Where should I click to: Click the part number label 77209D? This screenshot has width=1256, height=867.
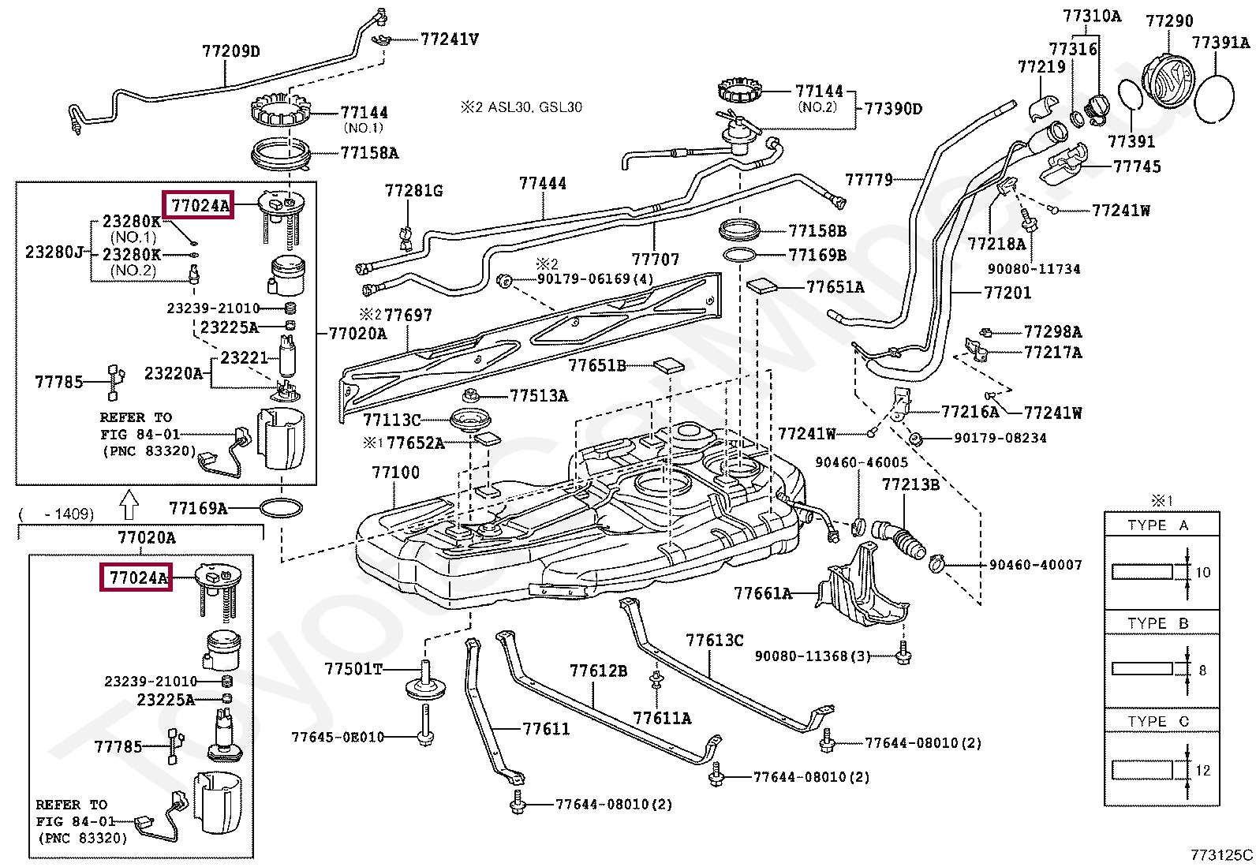point(231,51)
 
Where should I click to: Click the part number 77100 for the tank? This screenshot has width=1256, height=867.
point(395,473)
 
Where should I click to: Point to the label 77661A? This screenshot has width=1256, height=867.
point(763,592)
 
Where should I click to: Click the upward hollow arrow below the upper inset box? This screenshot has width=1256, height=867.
point(129,504)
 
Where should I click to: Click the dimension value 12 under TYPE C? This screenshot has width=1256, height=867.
point(1202,770)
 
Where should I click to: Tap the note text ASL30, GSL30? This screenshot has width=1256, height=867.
point(535,107)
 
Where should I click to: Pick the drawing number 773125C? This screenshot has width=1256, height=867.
point(1221,854)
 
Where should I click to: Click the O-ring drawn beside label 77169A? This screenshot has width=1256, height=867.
point(281,508)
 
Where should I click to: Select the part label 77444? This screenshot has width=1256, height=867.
point(542,183)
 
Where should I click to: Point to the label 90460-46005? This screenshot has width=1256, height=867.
point(862,462)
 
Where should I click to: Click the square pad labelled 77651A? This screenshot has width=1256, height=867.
point(762,286)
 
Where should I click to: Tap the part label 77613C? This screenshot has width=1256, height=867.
point(714,640)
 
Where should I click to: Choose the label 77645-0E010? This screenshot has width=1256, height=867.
point(338,736)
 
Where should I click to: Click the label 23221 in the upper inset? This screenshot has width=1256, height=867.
point(244,357)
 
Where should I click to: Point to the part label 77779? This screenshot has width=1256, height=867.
point(869,179)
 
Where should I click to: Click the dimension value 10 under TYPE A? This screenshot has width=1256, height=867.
point(1202,572)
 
